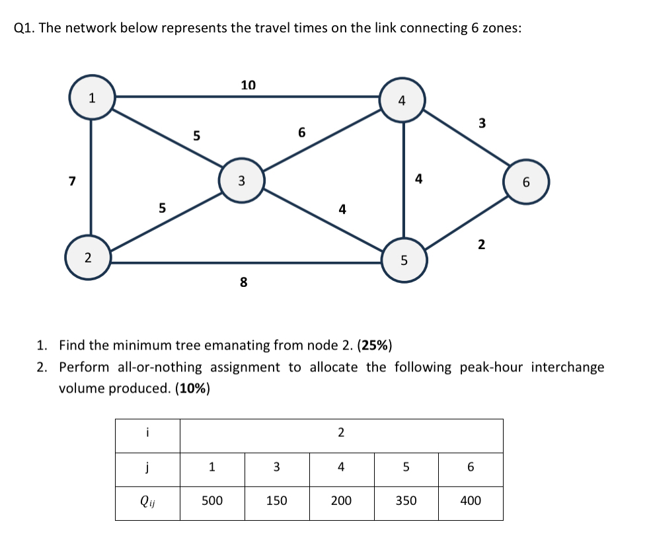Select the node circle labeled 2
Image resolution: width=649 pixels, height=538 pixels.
coord(87,257)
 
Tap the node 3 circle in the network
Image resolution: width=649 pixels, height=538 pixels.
coord(241,179)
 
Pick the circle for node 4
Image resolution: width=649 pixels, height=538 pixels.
coord(402,101)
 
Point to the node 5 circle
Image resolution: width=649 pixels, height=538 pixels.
coord(404,260)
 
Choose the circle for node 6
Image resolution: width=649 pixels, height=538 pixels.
coord(526,182)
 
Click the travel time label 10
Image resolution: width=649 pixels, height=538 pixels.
coord(248,85)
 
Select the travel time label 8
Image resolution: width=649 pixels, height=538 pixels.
coord(243,283)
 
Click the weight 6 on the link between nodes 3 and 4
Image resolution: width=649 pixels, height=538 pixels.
coord(301,132)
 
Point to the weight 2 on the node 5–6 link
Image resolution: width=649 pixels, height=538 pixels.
coord(480,245)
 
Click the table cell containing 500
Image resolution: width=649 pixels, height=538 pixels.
coord(211,501)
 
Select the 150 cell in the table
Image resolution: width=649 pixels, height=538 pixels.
coord(276,501)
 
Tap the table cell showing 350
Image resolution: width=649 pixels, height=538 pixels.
coord(406,501)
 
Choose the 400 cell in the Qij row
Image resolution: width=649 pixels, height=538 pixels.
coord(470,501)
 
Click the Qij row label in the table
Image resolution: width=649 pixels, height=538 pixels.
coord(147,501)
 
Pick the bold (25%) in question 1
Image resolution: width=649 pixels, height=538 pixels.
coord(375,345)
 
